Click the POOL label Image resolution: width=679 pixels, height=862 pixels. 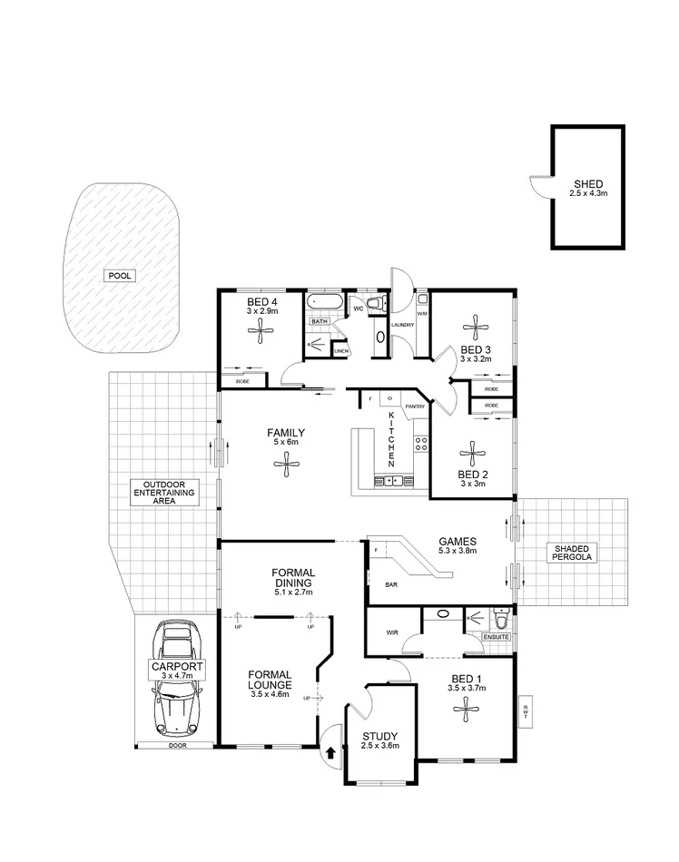[x=119, y=275]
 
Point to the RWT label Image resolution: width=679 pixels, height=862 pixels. [x=526, y=712]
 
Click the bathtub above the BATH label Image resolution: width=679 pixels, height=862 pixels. [x=324, y=302]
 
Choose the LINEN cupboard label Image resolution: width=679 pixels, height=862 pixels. [x=340, y=350]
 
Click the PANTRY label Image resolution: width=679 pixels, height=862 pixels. [x=415, y=407]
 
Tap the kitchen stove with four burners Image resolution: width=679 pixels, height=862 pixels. [x=421, y=444]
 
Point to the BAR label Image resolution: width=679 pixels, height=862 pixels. [x=393, y=585]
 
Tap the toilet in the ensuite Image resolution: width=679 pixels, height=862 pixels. [x=499, y=621]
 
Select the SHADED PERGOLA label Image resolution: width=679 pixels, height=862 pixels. [x=569, y=553]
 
